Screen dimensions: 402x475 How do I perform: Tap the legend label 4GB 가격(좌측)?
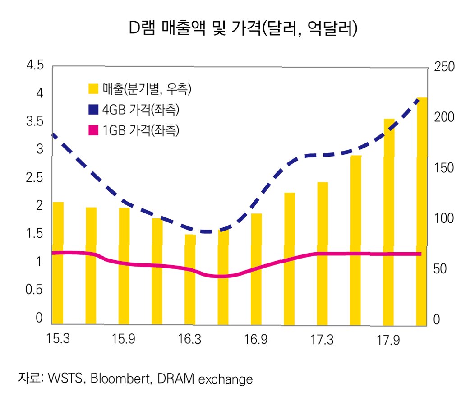pos(144,110)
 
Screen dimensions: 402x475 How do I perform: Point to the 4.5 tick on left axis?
pos(35,66)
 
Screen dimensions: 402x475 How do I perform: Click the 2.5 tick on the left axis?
pos(35,178)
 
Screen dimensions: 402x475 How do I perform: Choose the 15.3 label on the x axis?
pos(58,339)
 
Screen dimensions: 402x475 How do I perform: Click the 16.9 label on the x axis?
pos(256,339)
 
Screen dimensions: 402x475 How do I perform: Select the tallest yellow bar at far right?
pos(421,212)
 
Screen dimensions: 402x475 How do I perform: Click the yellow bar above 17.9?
pos(389,221)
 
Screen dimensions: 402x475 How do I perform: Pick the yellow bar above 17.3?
pos(323,253)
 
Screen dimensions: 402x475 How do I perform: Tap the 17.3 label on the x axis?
pos(322,339)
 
